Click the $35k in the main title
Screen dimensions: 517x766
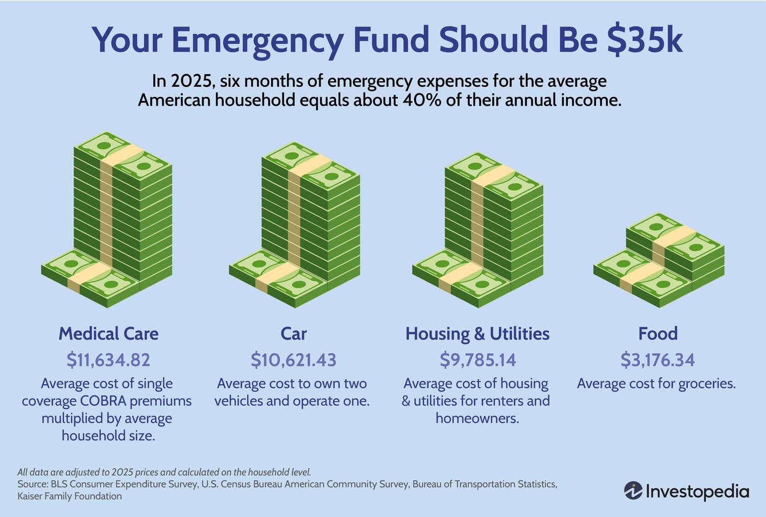click(644, 40)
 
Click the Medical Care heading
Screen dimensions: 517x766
click(108, 334)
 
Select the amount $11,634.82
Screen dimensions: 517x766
click(108, 360)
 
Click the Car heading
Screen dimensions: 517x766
click(294, 334)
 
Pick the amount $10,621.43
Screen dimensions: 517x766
click(294, 360)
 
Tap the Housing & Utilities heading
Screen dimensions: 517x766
click(477, 334)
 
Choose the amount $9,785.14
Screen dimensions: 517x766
click(477, 360)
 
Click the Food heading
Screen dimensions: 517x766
click(658, 334)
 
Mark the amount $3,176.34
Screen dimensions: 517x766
click(658, 360)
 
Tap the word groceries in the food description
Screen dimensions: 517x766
click(707, 384)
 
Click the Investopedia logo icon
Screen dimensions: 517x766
click(633, 491)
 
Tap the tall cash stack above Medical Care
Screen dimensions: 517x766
click(123, 214)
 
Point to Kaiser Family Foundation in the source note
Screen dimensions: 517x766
click(70, 496)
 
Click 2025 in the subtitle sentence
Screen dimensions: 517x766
click(187, 81)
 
